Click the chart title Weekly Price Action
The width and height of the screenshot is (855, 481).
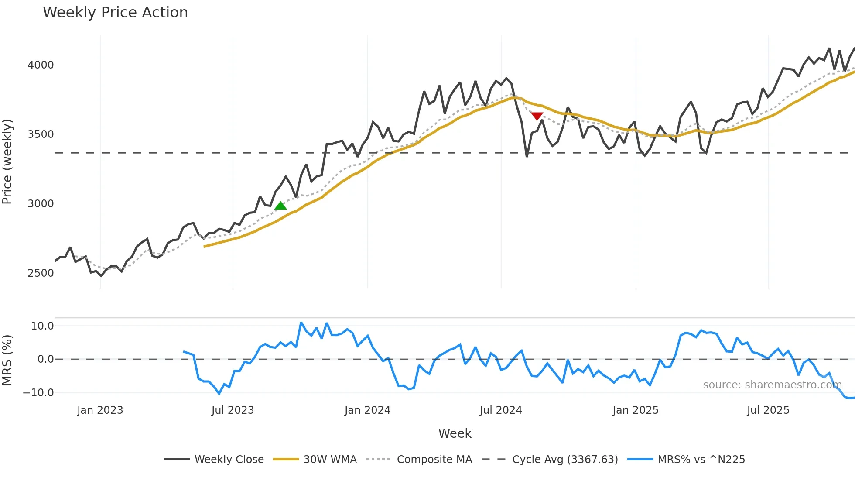pos(115,13)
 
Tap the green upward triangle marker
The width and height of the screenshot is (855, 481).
pos(280,206)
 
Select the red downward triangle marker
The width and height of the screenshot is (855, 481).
pos(537,116)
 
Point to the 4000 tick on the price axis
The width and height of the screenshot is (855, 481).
pos(41,65)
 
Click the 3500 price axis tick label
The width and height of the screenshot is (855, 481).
pos(41,134)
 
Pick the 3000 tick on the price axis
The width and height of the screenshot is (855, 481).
pos(41,204)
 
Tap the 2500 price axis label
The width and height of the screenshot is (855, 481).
pos(41,273)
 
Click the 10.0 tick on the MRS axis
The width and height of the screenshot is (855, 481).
pos(42,326)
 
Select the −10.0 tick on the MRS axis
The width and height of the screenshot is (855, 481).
pos(38,393)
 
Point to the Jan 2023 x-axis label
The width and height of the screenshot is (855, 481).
pos(100,410)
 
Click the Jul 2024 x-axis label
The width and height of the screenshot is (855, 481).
pos(500,410)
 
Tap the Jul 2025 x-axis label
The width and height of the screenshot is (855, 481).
pos(768,410)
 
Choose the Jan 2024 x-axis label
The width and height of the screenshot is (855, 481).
pos(367,410)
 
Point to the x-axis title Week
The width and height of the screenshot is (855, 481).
pos(455,433)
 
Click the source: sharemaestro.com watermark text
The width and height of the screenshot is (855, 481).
pos(772,385)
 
